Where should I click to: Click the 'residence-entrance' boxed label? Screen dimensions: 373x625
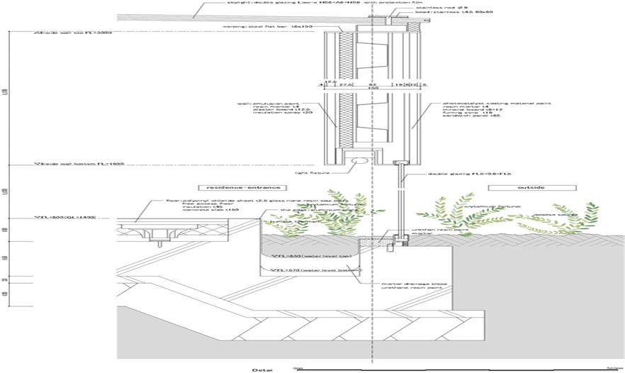tap(242, 187)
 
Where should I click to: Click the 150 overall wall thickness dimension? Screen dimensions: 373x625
tap(363, 88)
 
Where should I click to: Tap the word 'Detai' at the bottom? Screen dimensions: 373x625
tap(264, 369)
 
